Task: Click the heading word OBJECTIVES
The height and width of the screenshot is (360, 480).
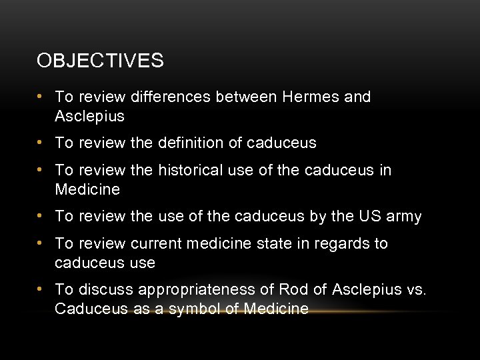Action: pyautogui.click(x=100, y=61)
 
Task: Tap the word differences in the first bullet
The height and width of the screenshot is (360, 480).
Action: pyautogui.click(x=171, y=97)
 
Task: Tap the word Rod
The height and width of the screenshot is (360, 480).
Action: pyautogui.click(x=293, y=290)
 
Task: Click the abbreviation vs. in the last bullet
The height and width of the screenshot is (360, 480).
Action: pyautogui.click(x=415, y=290)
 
